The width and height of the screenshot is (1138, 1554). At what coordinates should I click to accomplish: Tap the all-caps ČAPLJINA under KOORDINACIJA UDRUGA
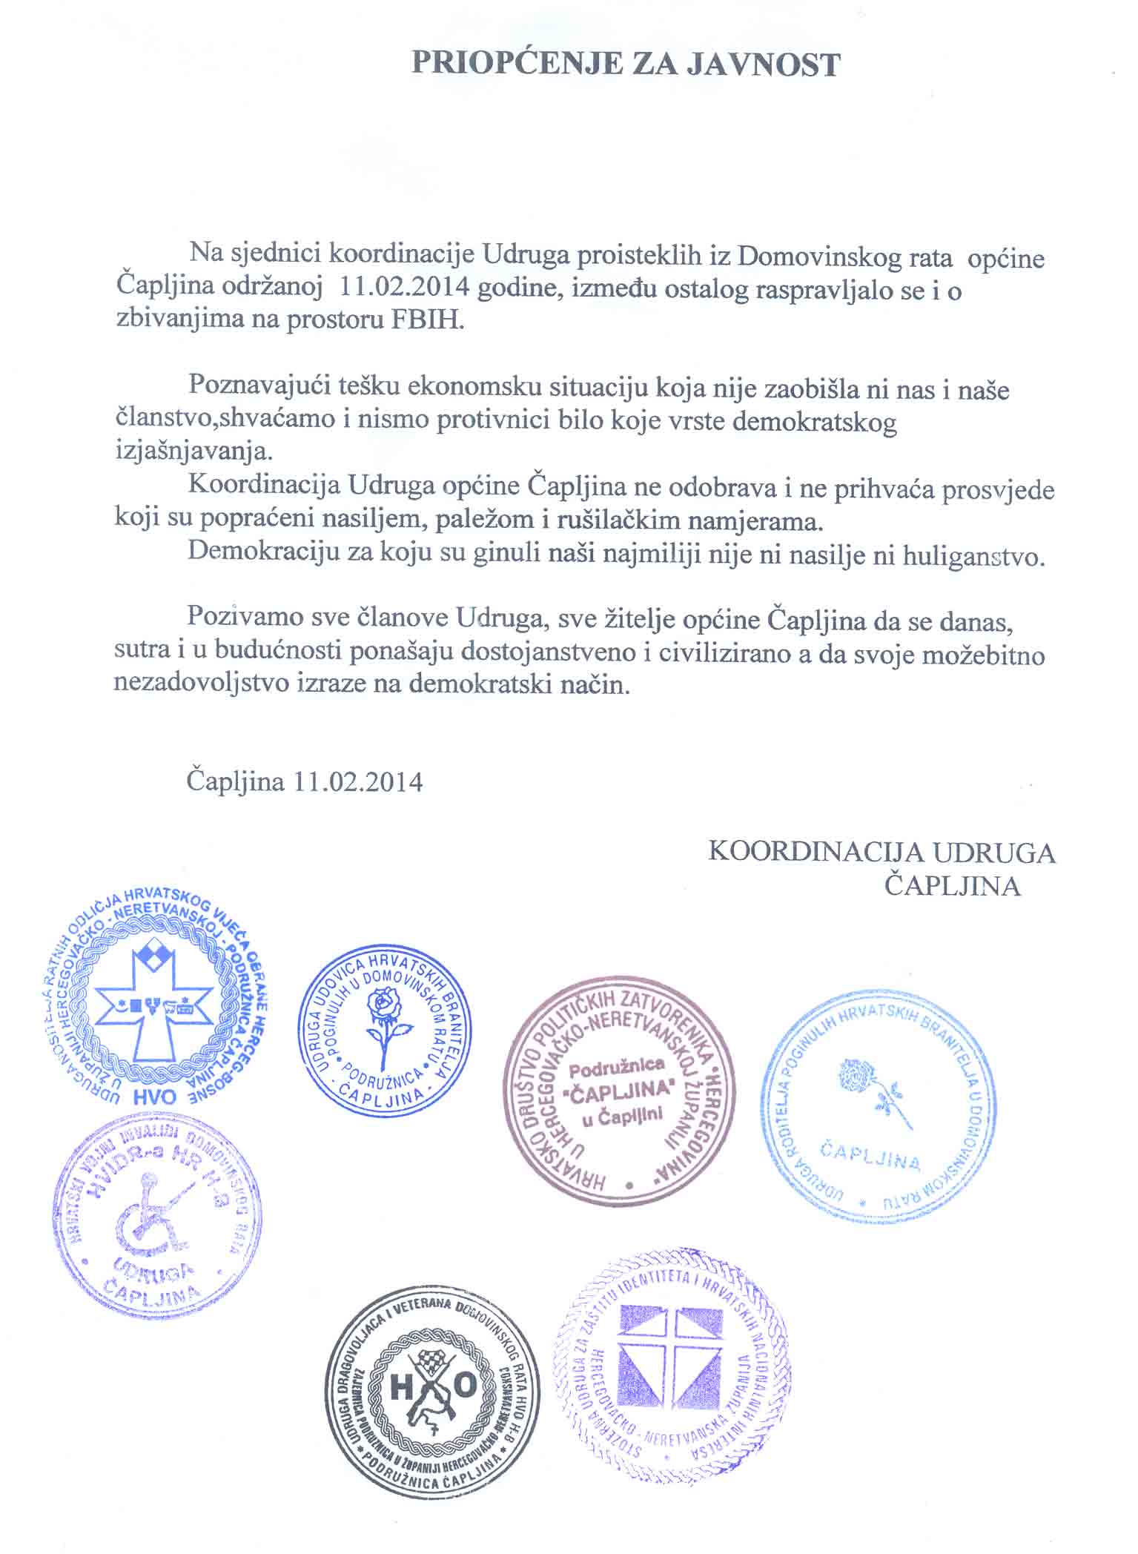(x=953, y=886)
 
